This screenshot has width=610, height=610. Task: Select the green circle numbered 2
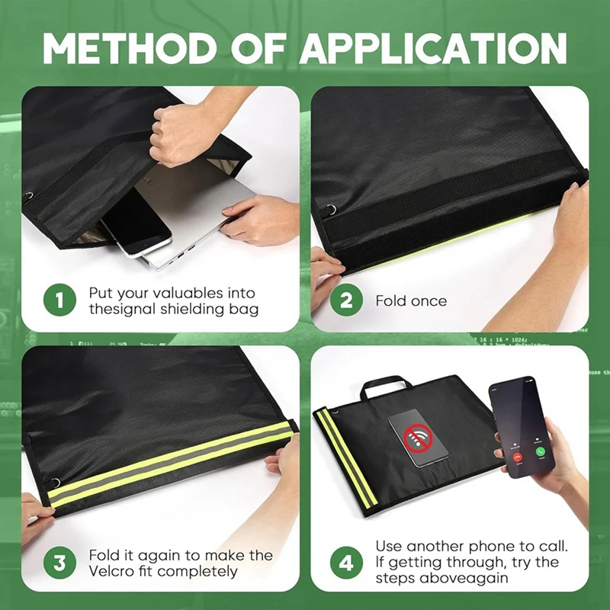(x=346, y=300)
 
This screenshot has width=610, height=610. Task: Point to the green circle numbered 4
(x=346, y=563)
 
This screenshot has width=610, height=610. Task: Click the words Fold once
(x=411, y=301)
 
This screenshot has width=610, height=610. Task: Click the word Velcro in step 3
(x=114, y=571)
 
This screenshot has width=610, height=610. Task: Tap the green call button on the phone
(x=540, y=451)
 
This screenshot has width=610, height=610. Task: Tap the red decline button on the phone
(x=518, y=455)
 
